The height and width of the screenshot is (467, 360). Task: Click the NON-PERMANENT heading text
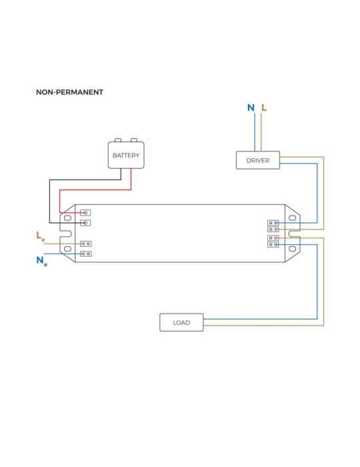point(69,92)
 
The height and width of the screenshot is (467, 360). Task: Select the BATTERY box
point(126,155)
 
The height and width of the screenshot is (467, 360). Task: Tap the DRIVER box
point(257,160)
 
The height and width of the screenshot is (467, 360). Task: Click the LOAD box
point(181,322)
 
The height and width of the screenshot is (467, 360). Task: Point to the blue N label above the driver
point(251,107)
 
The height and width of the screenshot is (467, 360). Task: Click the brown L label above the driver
point(264,107)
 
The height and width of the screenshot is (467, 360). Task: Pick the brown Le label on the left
point(41,236)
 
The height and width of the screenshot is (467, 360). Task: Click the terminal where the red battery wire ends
point(85,213)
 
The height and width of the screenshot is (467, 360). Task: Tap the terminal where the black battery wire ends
point(85,222)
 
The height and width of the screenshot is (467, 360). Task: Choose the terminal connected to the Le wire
point(85,244)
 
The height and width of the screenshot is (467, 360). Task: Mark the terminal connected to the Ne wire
point(85,254)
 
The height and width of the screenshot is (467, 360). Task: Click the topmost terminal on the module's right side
point(273,222)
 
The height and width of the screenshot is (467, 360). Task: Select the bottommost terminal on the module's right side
point(273,245)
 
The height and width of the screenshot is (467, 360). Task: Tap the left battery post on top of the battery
point(118,140)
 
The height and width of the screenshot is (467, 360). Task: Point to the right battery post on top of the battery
point(134,140)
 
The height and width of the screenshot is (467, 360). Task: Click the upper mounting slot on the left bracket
point(67,217)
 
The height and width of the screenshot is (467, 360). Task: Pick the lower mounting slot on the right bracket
point(292,249)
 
